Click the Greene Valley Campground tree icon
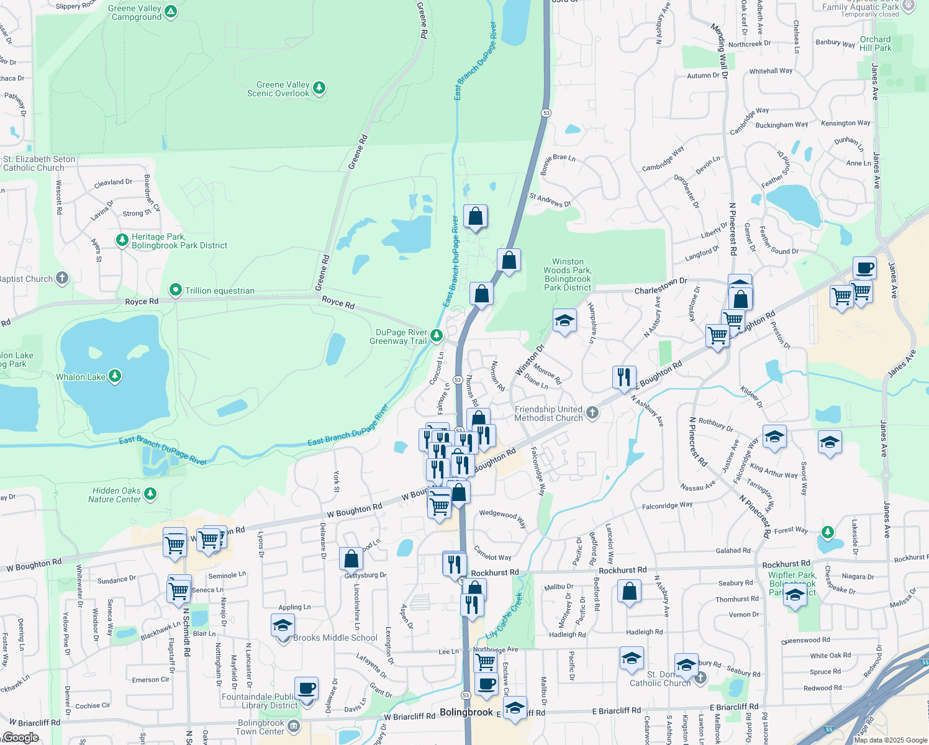(171, 11)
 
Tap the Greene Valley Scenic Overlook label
(278, 89)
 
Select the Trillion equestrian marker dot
(176, 290)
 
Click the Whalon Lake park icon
(115, 376)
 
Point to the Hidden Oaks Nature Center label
(115, 495)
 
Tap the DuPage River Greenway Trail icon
(437, 336)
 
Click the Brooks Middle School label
(335, 638)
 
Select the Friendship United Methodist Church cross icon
(592, 413)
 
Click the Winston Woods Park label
(568, 274)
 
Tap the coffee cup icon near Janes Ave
(864, 268)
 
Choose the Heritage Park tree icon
(123, 240)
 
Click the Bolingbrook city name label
(466, 712)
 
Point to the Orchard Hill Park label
(875, 43)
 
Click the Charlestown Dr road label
(661, 286)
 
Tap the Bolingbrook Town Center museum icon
(294, 726)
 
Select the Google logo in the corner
(20, 738)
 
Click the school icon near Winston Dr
(564, 321)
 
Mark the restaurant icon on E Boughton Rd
(624, 376)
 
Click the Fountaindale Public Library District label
(260, 701)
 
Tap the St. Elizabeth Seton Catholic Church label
(39, 163)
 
